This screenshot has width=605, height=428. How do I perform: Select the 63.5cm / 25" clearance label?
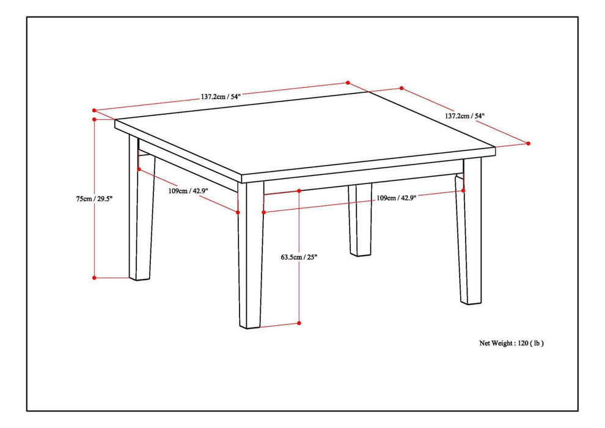(x=299, y=257)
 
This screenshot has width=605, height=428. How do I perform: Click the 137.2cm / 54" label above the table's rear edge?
(x=221, y=96)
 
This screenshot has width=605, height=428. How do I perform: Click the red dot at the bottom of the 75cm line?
(x=94, y=278)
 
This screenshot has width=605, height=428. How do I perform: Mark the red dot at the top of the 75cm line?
(x=94, y=120)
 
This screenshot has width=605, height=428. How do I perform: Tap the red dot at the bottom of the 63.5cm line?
(x=299, y=323)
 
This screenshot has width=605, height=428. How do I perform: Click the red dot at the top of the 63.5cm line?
(x=299, y=191)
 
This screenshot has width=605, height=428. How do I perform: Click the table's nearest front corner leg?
(x=251, y=263)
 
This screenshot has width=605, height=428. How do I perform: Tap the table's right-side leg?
(x=471, y=238)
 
